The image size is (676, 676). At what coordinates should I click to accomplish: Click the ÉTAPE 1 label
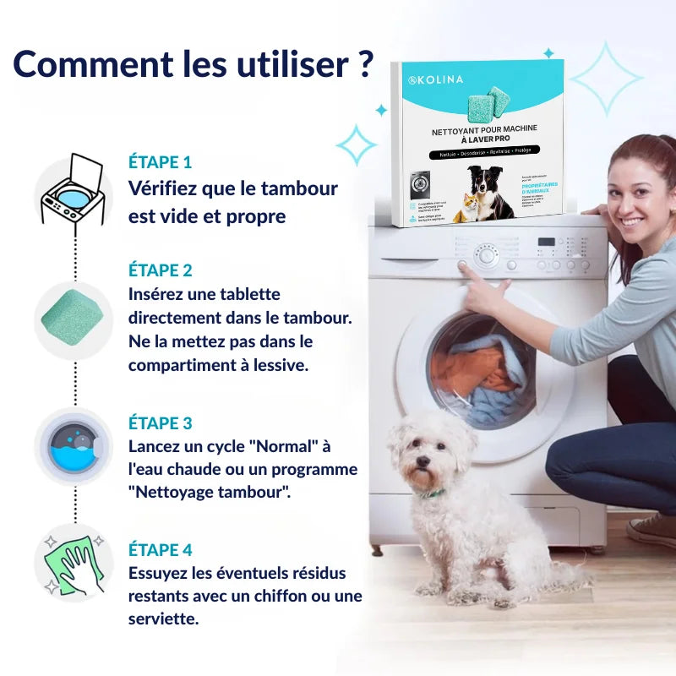tap(160, 161)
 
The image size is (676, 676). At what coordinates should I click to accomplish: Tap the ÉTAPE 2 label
tap(160, 270)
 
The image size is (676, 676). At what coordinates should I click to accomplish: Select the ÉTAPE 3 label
tap(160, 423)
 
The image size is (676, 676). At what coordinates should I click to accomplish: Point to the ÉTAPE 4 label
tap(160, 550)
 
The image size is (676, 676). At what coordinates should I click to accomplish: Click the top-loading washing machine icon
tap(73, 191)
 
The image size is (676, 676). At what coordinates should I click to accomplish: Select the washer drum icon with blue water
tap(73, 445)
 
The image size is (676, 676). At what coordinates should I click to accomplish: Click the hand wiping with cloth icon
tap(73, 563)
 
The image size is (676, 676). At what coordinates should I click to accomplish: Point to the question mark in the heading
tap(365, 65)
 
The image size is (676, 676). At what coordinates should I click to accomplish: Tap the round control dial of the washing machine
tap(486, 255)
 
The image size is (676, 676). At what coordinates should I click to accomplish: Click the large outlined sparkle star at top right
tap(606, 78)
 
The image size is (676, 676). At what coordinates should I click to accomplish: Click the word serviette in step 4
tap(163, 619)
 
